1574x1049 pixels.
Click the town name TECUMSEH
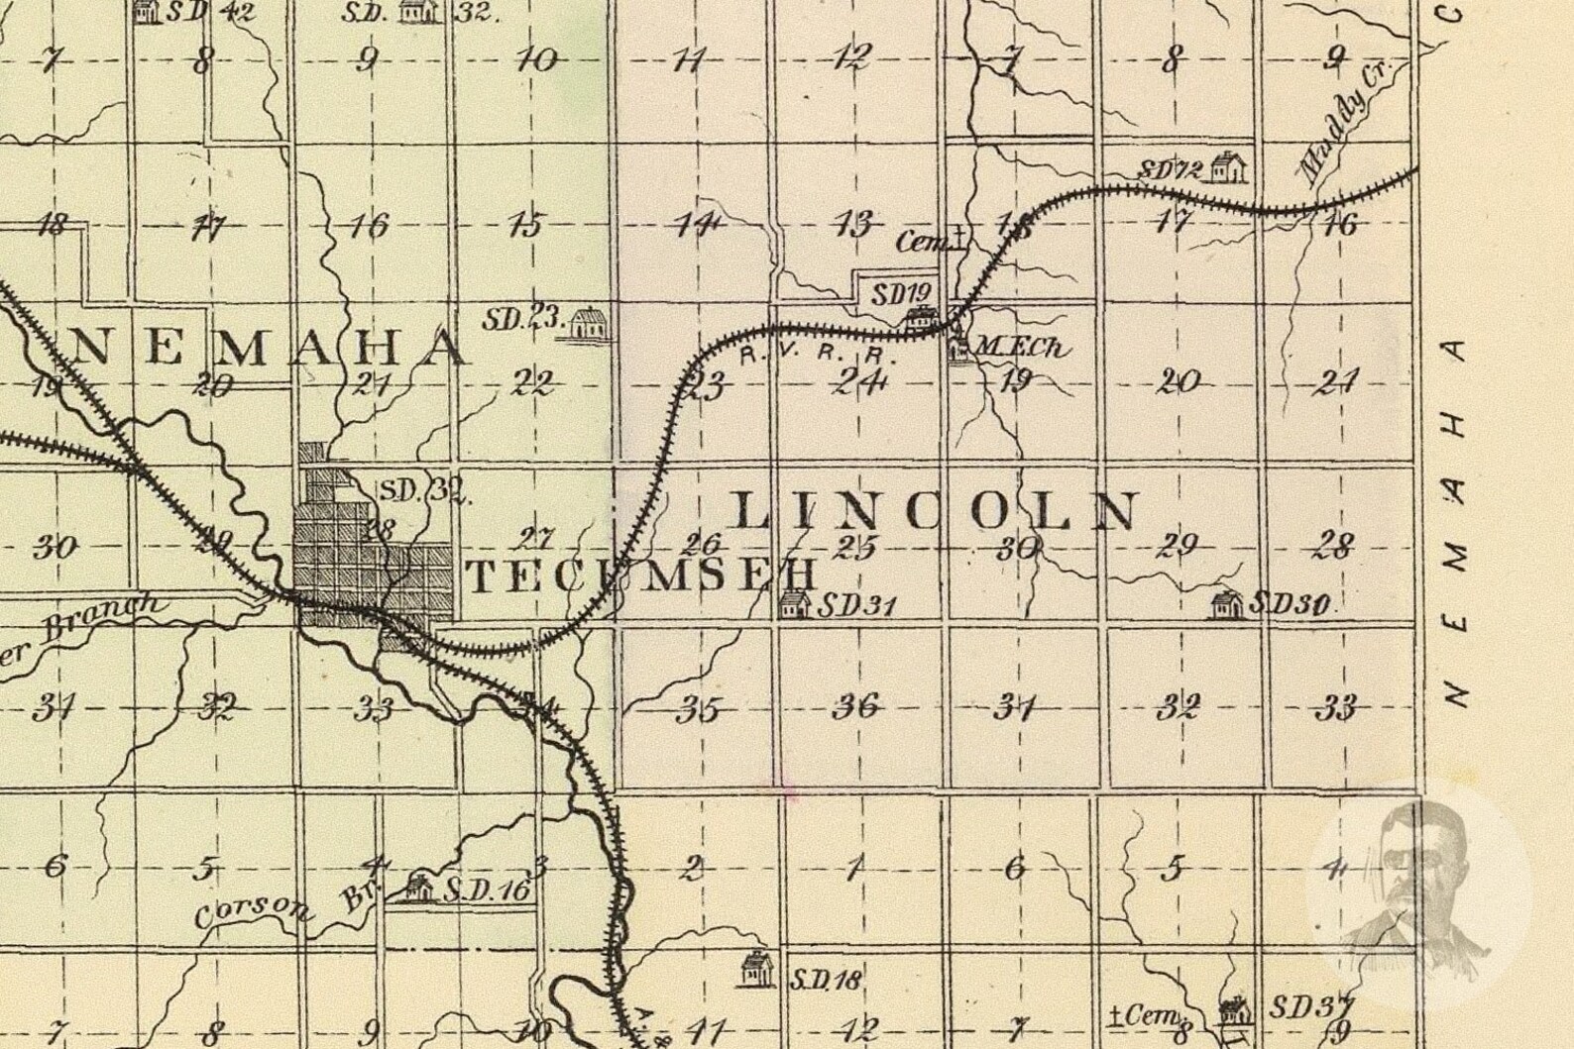[x=642, y=576]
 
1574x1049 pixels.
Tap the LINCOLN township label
[x=935, y=511]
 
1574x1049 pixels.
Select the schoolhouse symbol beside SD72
[x=1228, y=166]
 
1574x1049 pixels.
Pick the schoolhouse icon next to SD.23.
[x=589, y=323]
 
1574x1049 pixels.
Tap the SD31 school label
[x=855, y=604]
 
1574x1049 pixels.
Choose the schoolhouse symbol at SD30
[x=1227, y=603]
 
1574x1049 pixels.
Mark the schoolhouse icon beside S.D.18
[x=756, y=969]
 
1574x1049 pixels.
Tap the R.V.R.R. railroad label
[x=803, y=354]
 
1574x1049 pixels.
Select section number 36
[x=856, y=706]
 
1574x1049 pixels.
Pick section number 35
[x=699, y=709]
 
